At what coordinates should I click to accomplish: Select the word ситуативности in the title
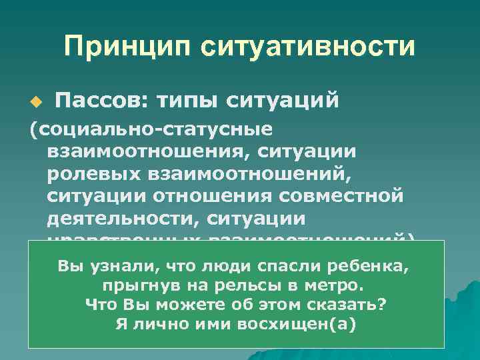click(306, 47)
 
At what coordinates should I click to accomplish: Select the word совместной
click(351, 198)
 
